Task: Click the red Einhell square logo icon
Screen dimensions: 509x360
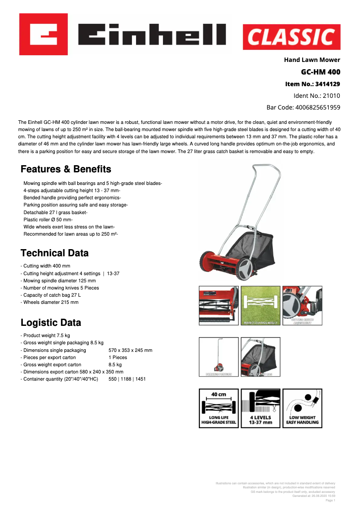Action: tap(44, 34)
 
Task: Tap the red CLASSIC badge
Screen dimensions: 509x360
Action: tap(291, 37)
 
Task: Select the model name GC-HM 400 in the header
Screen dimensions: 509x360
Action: tap(320, 72)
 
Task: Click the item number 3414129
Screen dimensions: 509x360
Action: tap(312, 84)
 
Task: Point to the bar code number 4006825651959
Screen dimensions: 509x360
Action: tap(303, 107)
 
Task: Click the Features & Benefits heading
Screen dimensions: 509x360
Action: tap(66, 169)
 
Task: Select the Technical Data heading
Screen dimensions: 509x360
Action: tap(55, 253)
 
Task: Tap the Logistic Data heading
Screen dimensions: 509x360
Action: tap(51, 323)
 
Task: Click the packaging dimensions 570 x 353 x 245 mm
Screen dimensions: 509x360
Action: tap(130, 350)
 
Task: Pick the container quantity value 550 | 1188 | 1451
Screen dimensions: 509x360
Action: tap(127, 379)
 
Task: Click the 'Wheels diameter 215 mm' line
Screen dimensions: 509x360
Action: tap(51, 302)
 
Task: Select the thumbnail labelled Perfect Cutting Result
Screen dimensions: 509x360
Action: tap(260, 306)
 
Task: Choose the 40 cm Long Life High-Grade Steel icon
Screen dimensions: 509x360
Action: tap(219, 408)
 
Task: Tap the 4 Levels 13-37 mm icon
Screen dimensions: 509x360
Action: tap(260, 408)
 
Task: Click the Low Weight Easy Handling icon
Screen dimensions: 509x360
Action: tap(302, 408)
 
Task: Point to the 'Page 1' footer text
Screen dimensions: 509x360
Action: tap(330, 500)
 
